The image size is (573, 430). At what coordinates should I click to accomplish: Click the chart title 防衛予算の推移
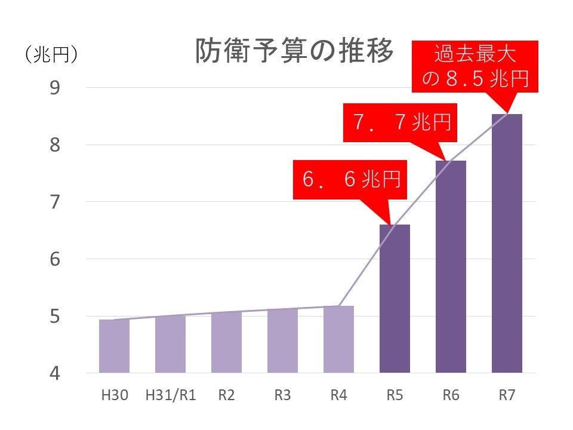[x=294, y=52]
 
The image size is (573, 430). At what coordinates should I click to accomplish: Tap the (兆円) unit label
[x=51, y=55]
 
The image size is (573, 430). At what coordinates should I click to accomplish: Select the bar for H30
[x=113, y=346]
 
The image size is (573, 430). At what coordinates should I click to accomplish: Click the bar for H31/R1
[x=170, y=345]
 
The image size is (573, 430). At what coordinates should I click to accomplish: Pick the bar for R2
[x=226, y=343]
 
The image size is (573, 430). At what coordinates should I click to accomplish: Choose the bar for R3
[x=282, y=341]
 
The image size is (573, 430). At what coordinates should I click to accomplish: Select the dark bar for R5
[x=395, y=299]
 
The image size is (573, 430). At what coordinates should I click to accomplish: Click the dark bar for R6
[x=451, y=267]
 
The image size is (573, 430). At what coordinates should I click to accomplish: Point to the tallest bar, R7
[x=507, y=244]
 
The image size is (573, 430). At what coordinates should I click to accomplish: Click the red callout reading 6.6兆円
[x=350, y=179]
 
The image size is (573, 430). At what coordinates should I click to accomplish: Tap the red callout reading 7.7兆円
[x=401, y=124]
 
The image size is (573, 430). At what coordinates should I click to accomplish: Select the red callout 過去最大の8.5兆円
[x=475, y=66]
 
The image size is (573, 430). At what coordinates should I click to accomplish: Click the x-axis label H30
[x=113, y=395]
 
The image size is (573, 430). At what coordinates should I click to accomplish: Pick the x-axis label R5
[x=395, y=395]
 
